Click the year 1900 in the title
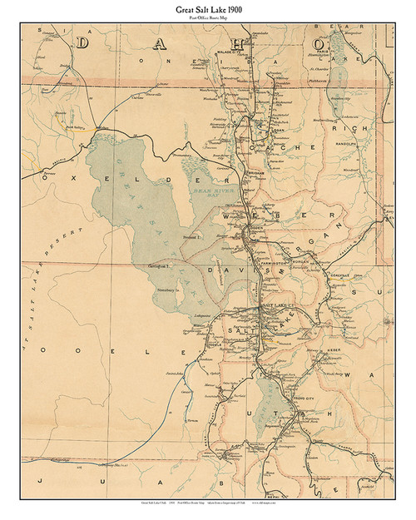(236, 8)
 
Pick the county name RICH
(344, 129)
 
